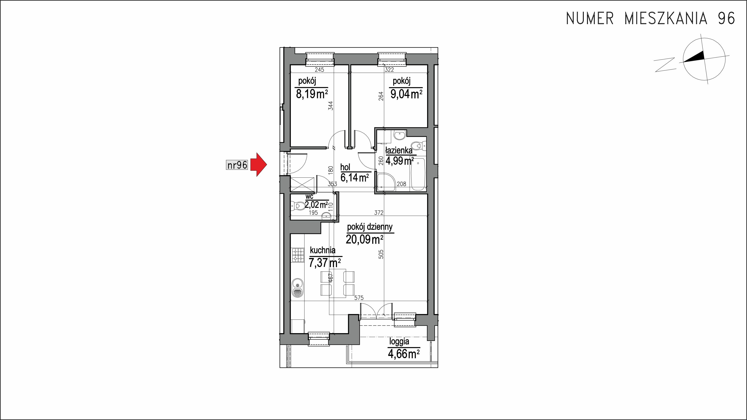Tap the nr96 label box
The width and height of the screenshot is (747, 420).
[237, 165]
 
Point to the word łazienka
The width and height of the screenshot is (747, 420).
[399, 150]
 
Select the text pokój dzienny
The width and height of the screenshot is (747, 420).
[370, 227]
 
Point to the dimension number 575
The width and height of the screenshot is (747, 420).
[359, 298]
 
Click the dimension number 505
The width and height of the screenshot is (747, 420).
[381, 254]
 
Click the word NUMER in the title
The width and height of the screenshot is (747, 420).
[590, 18]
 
